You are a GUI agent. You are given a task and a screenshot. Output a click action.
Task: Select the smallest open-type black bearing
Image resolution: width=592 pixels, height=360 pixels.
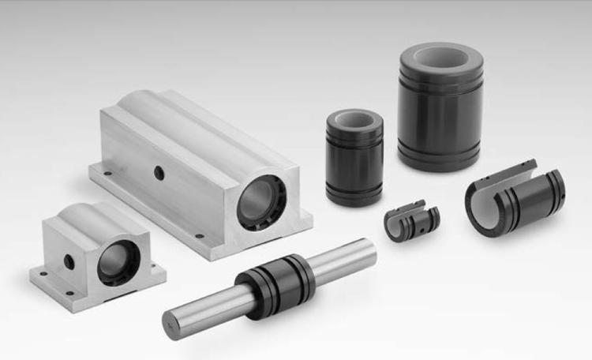(410, 223)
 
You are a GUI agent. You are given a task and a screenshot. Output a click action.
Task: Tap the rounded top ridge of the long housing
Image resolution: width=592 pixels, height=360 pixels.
(182, 118)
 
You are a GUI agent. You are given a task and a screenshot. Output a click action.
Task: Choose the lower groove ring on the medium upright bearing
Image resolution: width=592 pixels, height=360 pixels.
(354, 189)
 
